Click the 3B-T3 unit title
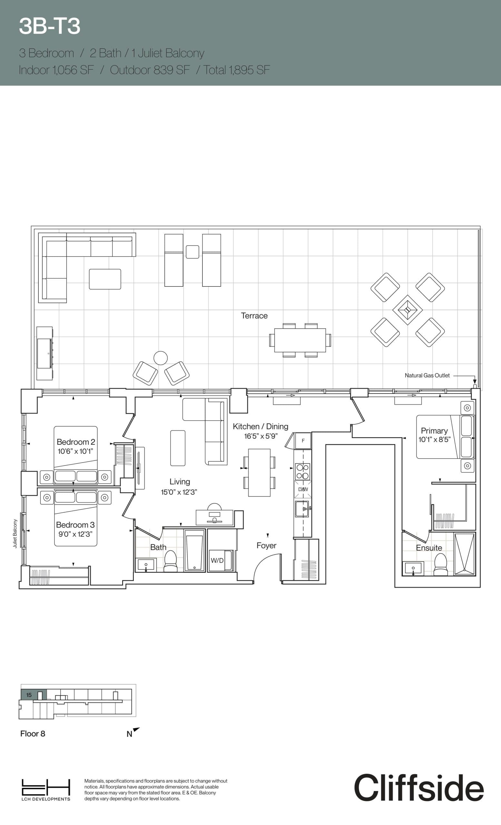click(50, 26)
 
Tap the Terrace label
click(254, 316)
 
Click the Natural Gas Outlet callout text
click(427, 375)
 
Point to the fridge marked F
click(303, 441)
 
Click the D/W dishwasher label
click(303, 489)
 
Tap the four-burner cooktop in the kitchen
click(302, 471)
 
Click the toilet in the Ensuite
click(440, 565)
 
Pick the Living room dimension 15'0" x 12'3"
click(179, 492)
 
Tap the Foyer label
click(266, 545)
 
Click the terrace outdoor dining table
click(300, 340)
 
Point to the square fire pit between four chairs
click(407, 310)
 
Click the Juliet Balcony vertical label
click(15, 533)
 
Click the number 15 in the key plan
click(29, 695)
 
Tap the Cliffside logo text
click(418, 788)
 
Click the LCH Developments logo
click(46, 790)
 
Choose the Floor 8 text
click(33, 733)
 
